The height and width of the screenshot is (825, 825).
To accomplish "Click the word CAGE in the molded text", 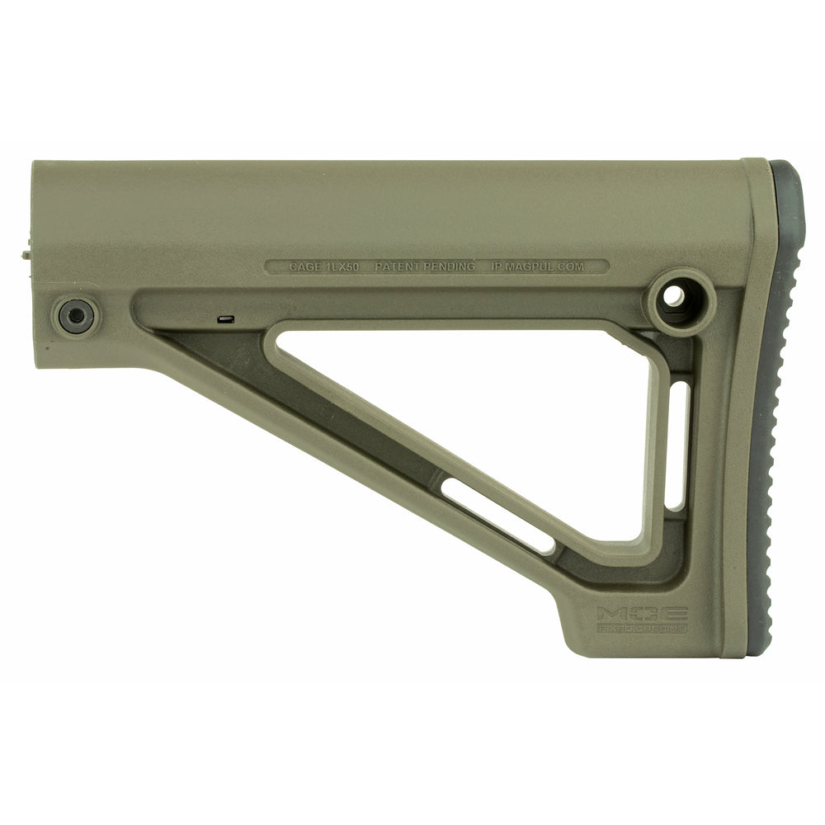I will [x=306, y=267].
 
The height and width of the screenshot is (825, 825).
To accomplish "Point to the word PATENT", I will [x=399, y=267].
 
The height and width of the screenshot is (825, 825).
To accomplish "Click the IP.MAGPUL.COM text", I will [x=549, y=267].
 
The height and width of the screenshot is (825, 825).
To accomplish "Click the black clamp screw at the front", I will [x=75, y=314].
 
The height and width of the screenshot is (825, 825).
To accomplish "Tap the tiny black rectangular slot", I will [x=225, y=317].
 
